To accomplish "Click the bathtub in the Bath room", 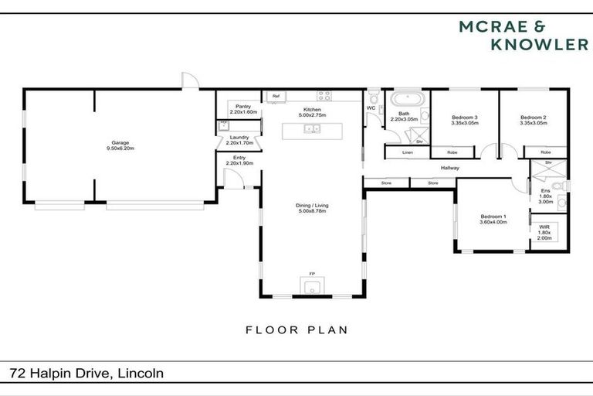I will tap(405, 101).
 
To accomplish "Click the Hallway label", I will tap(450, 167).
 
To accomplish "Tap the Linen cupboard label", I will tap(407, 152).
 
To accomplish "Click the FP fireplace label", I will tap(312, 274).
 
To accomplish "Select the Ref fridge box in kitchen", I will tap(276, 96).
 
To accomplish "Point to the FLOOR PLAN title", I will tap(296, 329).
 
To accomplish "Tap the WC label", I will tap(371, 108).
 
